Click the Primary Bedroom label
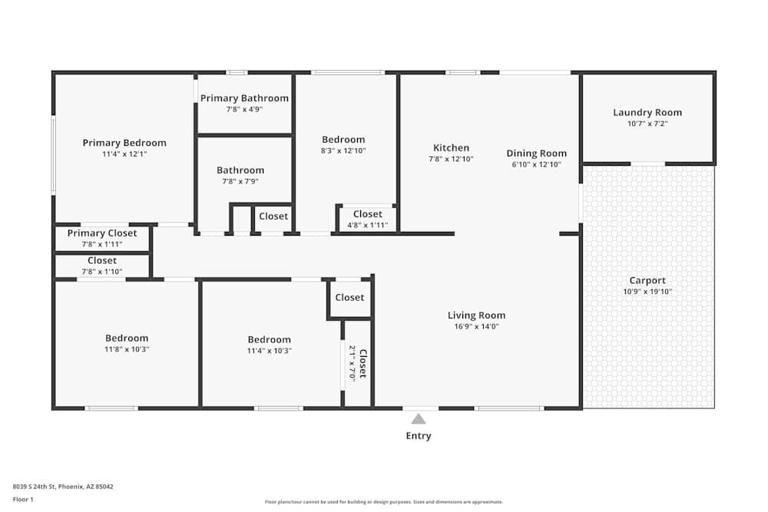coord(124,143)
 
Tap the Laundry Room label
coord(647,113)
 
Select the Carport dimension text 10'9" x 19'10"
coord(647,292)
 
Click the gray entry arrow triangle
coord(419,418)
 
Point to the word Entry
coord(419,436)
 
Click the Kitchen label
coord(451,148)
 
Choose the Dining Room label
coord(536,154)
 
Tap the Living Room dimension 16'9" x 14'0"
coord(476,326)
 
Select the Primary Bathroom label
coord(244,98)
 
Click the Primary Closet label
coord(102,233)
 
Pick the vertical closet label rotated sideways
coord(362,364)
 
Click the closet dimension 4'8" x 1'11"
coord(367,226)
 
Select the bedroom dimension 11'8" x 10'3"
coord(127,349)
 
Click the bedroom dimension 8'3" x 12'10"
coord(343,150)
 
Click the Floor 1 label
coord(23,499)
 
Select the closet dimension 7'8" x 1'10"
coord(102,272)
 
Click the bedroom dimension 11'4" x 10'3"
coord(269,351)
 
